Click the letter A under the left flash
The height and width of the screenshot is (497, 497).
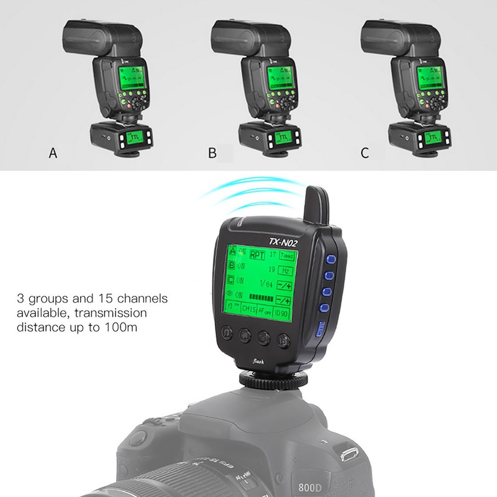(x=53, y=153)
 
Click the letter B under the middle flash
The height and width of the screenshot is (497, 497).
(x=212, y=153)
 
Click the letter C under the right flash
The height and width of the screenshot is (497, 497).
(x=365, y=153)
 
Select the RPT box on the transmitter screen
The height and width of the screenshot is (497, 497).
(x=257, y=254)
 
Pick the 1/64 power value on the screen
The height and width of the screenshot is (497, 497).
(x=269, y=284)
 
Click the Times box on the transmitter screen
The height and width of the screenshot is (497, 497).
(x=287, y=255)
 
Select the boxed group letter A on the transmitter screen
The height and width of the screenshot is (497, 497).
(x=232, y=252)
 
